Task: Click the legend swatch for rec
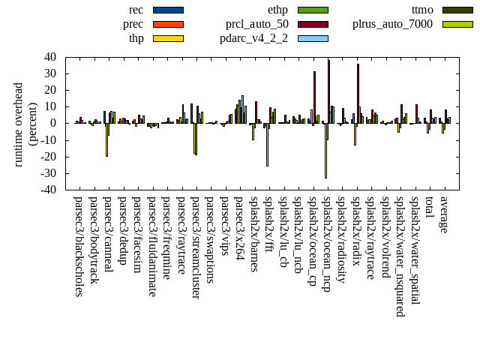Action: tap(167, 10)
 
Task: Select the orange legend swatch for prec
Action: tap(167, 24)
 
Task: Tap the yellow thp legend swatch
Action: tap(167, 38)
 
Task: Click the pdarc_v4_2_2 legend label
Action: tap(253, 38)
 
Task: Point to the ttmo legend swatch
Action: tap(457, 10)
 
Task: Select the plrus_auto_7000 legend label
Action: tap(392, 24)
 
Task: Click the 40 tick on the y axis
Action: tap(52, 57)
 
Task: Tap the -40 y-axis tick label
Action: tap(49, 190)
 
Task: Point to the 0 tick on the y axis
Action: tap(55, 123)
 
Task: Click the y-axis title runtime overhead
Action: tap(19, 124)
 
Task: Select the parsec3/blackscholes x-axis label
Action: tap(79, 244)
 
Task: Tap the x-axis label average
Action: tap(444, 214)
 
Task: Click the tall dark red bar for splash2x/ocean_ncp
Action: tap(328, 91)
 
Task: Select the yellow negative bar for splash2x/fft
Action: tap(267, 145)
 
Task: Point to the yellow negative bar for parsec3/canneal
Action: tap(106, 139)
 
